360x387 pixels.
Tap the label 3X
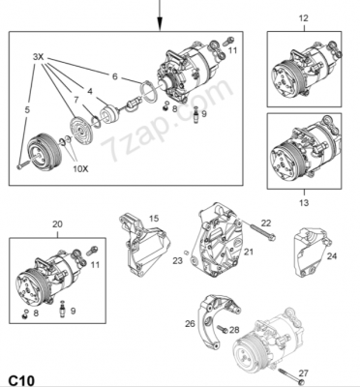tap(39, 58)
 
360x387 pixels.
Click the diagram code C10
tap(22, 375)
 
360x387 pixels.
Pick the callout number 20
tap(57, 224)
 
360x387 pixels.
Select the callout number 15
tap(154, 220)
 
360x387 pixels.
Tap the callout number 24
tap(332, 256)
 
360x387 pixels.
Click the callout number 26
tap(190, 323)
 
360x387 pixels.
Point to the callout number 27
tap(303, 372)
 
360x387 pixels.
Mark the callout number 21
tap(247, 253)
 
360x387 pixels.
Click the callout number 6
tap(114, 76)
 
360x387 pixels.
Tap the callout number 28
tap(235, 331)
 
